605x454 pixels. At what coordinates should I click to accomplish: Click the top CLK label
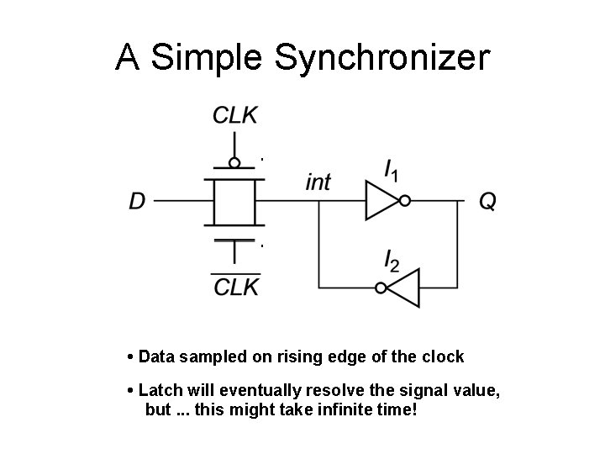coord(235,116)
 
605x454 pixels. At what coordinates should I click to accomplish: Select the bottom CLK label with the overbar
coord(236,287)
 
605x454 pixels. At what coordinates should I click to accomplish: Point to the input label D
coord(138,202)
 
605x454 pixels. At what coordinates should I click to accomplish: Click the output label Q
coord(487,202)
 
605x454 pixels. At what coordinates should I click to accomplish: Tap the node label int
coord(318,182)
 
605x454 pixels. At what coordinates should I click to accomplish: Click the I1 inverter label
coord(392,172)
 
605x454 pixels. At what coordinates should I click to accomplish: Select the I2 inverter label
coord(392,261)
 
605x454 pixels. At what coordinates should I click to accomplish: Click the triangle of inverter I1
coord(381,202)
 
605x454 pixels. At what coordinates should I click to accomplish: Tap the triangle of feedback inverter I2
coord(404,288)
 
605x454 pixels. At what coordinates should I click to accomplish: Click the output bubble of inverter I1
coord(405,202)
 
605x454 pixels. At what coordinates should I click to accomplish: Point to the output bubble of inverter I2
coord(381,288)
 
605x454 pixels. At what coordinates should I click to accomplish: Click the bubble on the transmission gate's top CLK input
coord(235,163)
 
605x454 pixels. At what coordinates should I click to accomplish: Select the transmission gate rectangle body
coord(234,202)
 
